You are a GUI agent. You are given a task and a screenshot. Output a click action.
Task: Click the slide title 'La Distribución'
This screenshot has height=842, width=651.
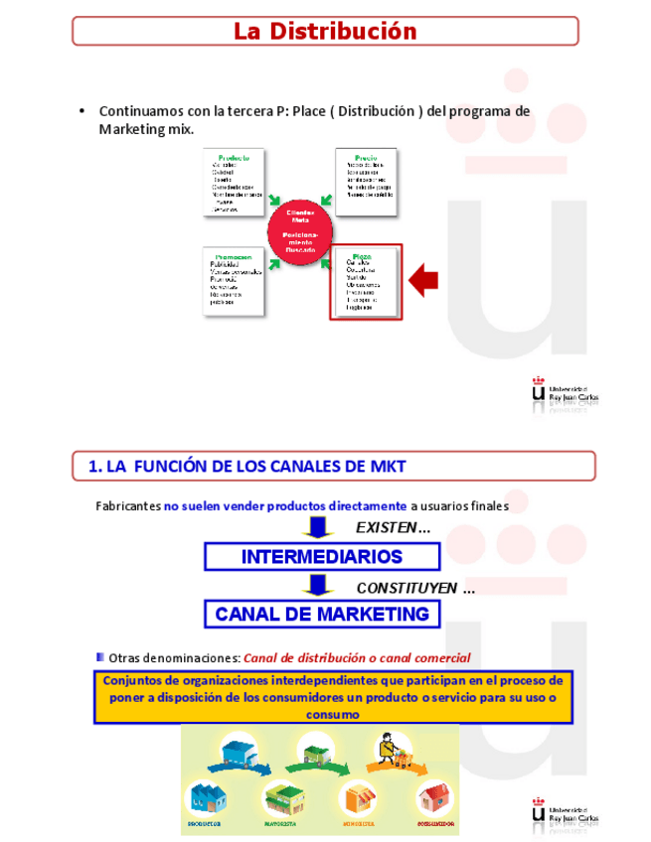coord(325,31)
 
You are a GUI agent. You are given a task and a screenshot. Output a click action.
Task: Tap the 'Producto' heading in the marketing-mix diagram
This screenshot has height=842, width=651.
coord(233,158)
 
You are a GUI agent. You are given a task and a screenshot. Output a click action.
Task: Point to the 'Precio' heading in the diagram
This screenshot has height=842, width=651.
coord(365,158)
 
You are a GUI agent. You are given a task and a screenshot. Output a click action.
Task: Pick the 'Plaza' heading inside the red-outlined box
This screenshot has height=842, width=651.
coord(363,256)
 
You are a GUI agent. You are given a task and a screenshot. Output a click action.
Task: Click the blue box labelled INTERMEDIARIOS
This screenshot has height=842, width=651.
coord(321,557)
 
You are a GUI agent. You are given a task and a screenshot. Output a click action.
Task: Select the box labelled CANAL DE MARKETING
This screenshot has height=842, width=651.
coord(322,614)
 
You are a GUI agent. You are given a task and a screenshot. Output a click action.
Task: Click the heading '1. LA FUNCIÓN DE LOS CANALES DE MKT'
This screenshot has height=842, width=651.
coord(247,466)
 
